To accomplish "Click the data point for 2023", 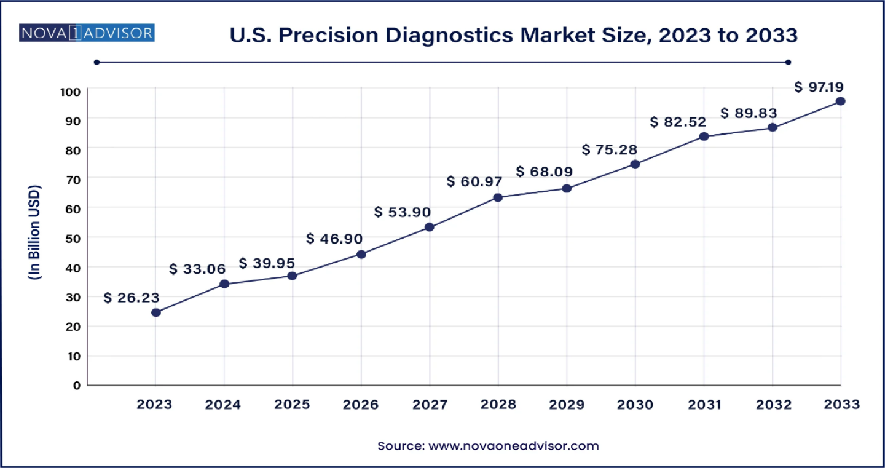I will [156, 312].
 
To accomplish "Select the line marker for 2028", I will [498, 197].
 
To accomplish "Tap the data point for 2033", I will [840, 101].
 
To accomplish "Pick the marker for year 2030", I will [635, 164].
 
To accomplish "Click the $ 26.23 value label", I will [132, 298].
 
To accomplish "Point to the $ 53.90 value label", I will [403, 212].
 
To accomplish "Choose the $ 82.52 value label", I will [678, 122].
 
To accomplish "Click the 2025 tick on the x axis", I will [292, 404].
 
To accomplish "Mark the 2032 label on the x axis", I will [773, 404].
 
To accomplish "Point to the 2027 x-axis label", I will [430, 404].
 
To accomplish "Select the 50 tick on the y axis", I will [73, 237].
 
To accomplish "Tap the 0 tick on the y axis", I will [77, 386].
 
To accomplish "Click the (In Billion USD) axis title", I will [34, 232].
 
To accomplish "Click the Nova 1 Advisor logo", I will [87, 33].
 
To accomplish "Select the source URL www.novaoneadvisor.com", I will [513, 446].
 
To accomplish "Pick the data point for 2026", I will [361, 254].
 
